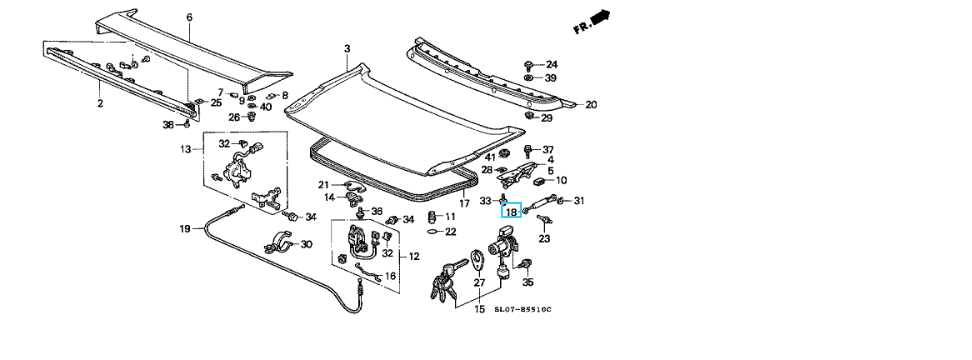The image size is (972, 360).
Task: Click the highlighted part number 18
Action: (511, 212)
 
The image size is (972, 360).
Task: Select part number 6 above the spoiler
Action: (189, 17)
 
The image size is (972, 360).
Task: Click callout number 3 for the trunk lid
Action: (347, 48)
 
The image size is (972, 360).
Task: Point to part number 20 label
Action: (591, 105)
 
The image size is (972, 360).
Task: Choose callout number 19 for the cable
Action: (185, 229)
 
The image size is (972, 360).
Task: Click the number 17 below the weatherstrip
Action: (464, 203)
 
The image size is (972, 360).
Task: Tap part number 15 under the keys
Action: (479, 309)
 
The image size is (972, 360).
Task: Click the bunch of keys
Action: (446, 279)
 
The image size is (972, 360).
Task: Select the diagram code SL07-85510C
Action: (523, 309)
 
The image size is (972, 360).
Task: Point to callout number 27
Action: (479, 283)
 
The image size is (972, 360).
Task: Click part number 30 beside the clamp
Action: (306, 244)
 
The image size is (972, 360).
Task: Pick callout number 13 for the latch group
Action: (186, 149)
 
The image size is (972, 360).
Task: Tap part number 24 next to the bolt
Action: (551, 64)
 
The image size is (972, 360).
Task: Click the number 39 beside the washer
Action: (550, 78)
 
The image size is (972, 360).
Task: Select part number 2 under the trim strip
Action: (100, 103)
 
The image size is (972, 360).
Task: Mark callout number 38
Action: (169, 125)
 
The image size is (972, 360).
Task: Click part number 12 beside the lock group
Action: (414, 256)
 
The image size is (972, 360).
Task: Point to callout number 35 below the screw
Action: (528, 283)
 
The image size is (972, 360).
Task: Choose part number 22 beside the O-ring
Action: (451, 232)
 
